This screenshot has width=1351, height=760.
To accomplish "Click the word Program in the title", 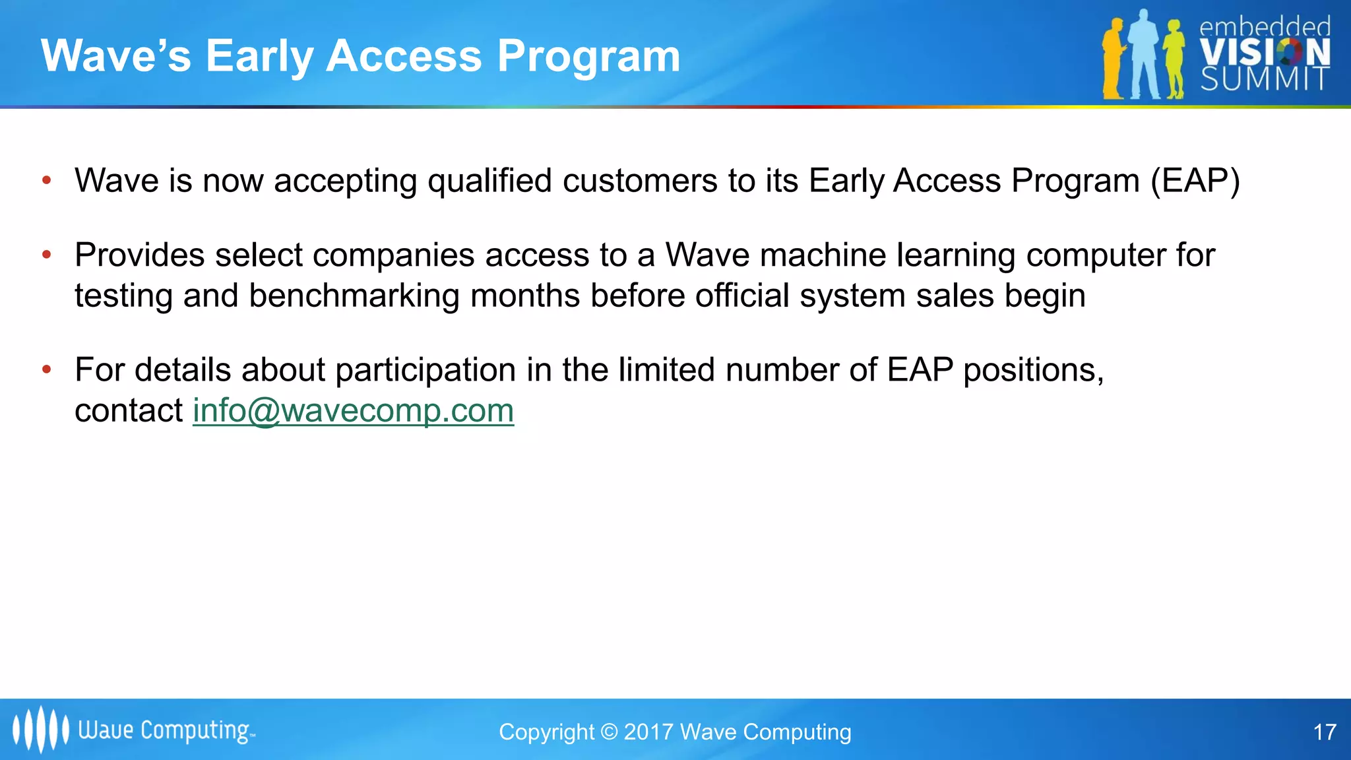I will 588,57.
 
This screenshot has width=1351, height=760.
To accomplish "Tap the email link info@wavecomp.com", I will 353,411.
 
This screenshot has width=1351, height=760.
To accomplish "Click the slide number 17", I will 1325,732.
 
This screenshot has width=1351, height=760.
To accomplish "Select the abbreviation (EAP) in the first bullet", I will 1195,181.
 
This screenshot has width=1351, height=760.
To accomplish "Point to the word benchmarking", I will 354,296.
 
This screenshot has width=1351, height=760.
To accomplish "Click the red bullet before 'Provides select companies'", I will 46,255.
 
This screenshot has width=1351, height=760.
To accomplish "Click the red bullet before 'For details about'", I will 46,369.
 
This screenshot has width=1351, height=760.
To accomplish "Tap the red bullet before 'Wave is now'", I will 46,180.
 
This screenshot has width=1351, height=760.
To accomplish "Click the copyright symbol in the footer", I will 610,732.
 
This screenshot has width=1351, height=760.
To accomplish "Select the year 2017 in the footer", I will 648,732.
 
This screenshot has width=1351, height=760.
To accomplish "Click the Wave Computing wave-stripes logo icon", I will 40,729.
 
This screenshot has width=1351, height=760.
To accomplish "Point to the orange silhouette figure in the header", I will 1114,59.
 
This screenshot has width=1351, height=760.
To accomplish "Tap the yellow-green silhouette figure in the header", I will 1174,59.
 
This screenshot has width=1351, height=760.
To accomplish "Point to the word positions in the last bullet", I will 1032,370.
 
